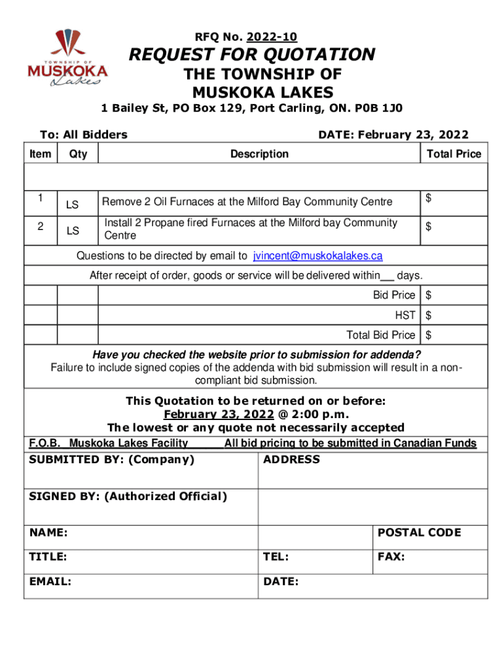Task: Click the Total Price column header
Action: point(454,154)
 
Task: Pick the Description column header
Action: point(259,154)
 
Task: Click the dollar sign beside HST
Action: point(429,315)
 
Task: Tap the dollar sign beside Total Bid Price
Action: point(429,335)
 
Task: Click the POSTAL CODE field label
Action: point(419,533)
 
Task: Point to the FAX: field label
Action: point(391,557)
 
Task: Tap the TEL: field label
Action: point(276,557)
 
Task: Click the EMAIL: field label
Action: point(50,581)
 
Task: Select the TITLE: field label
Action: point(48,557)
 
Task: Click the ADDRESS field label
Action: point(291,459)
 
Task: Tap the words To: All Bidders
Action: point(83,135)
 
